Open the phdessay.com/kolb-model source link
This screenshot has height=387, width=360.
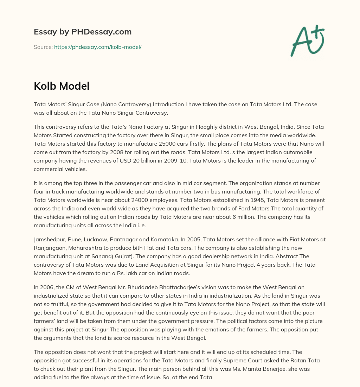point(98,47)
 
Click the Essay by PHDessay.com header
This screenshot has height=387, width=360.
point(83,32)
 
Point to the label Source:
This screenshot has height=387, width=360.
point(43,47)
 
